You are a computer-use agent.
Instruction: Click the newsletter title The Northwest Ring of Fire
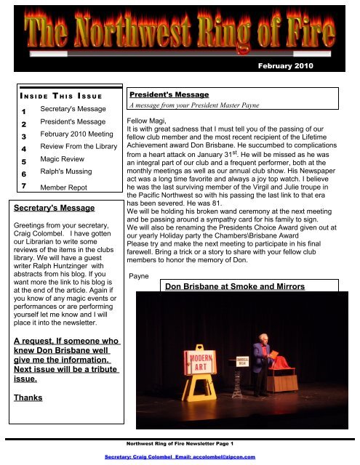179,37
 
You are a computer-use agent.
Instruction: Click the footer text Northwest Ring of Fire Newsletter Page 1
180,443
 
